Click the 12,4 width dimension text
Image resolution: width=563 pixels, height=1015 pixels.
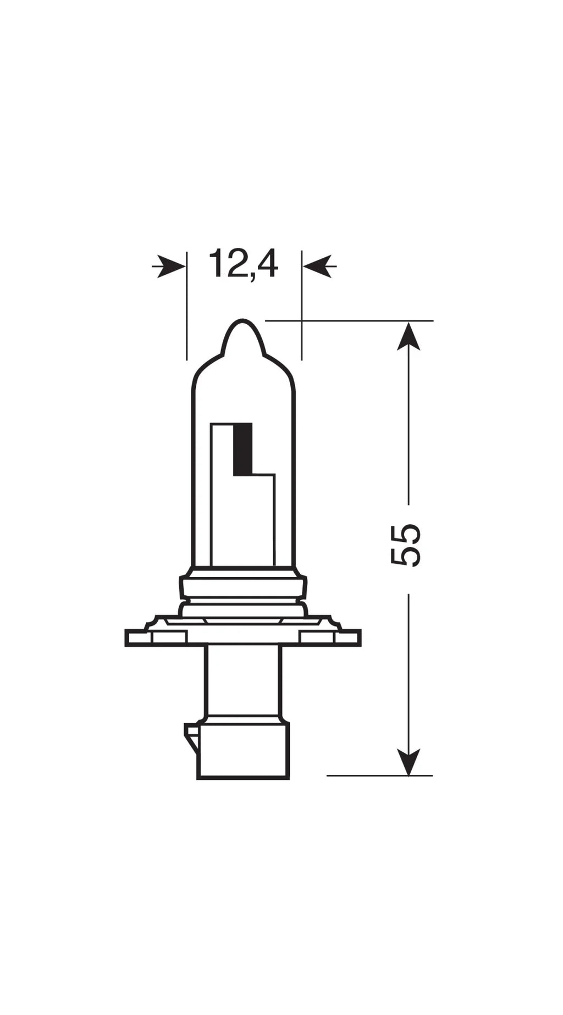(x=243, y=264)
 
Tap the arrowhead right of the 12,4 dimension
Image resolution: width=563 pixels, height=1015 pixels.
(x=318, y=267)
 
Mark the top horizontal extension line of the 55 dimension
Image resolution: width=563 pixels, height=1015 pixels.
(x=352, y=320)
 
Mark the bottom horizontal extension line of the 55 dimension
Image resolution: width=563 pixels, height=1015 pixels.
(x=379, y=775)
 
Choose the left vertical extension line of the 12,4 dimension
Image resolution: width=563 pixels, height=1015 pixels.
(x=187, y=308)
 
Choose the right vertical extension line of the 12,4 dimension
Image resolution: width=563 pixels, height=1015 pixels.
(x=302, y=308)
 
